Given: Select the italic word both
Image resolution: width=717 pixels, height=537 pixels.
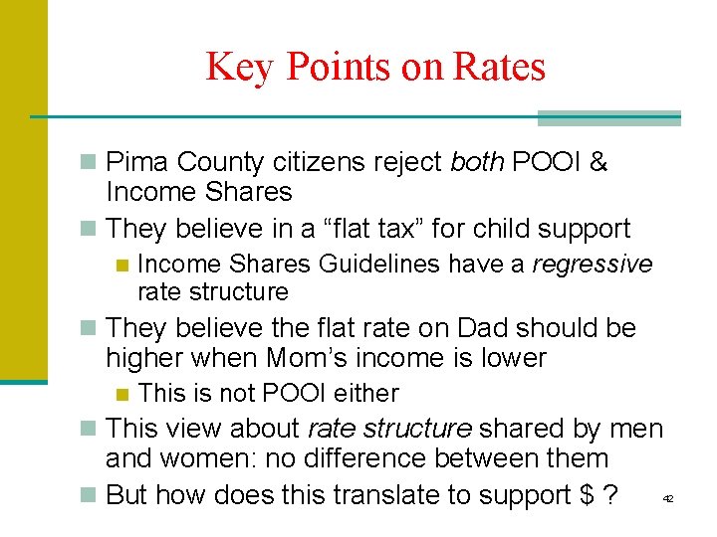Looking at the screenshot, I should tap(477, 162).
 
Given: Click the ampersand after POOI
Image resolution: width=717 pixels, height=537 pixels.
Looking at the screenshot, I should tap(598, 162).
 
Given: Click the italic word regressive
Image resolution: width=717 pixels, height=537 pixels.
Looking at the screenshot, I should tap(593, 264).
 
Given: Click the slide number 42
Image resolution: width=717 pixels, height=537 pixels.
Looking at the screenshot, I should tap(668, 497).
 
